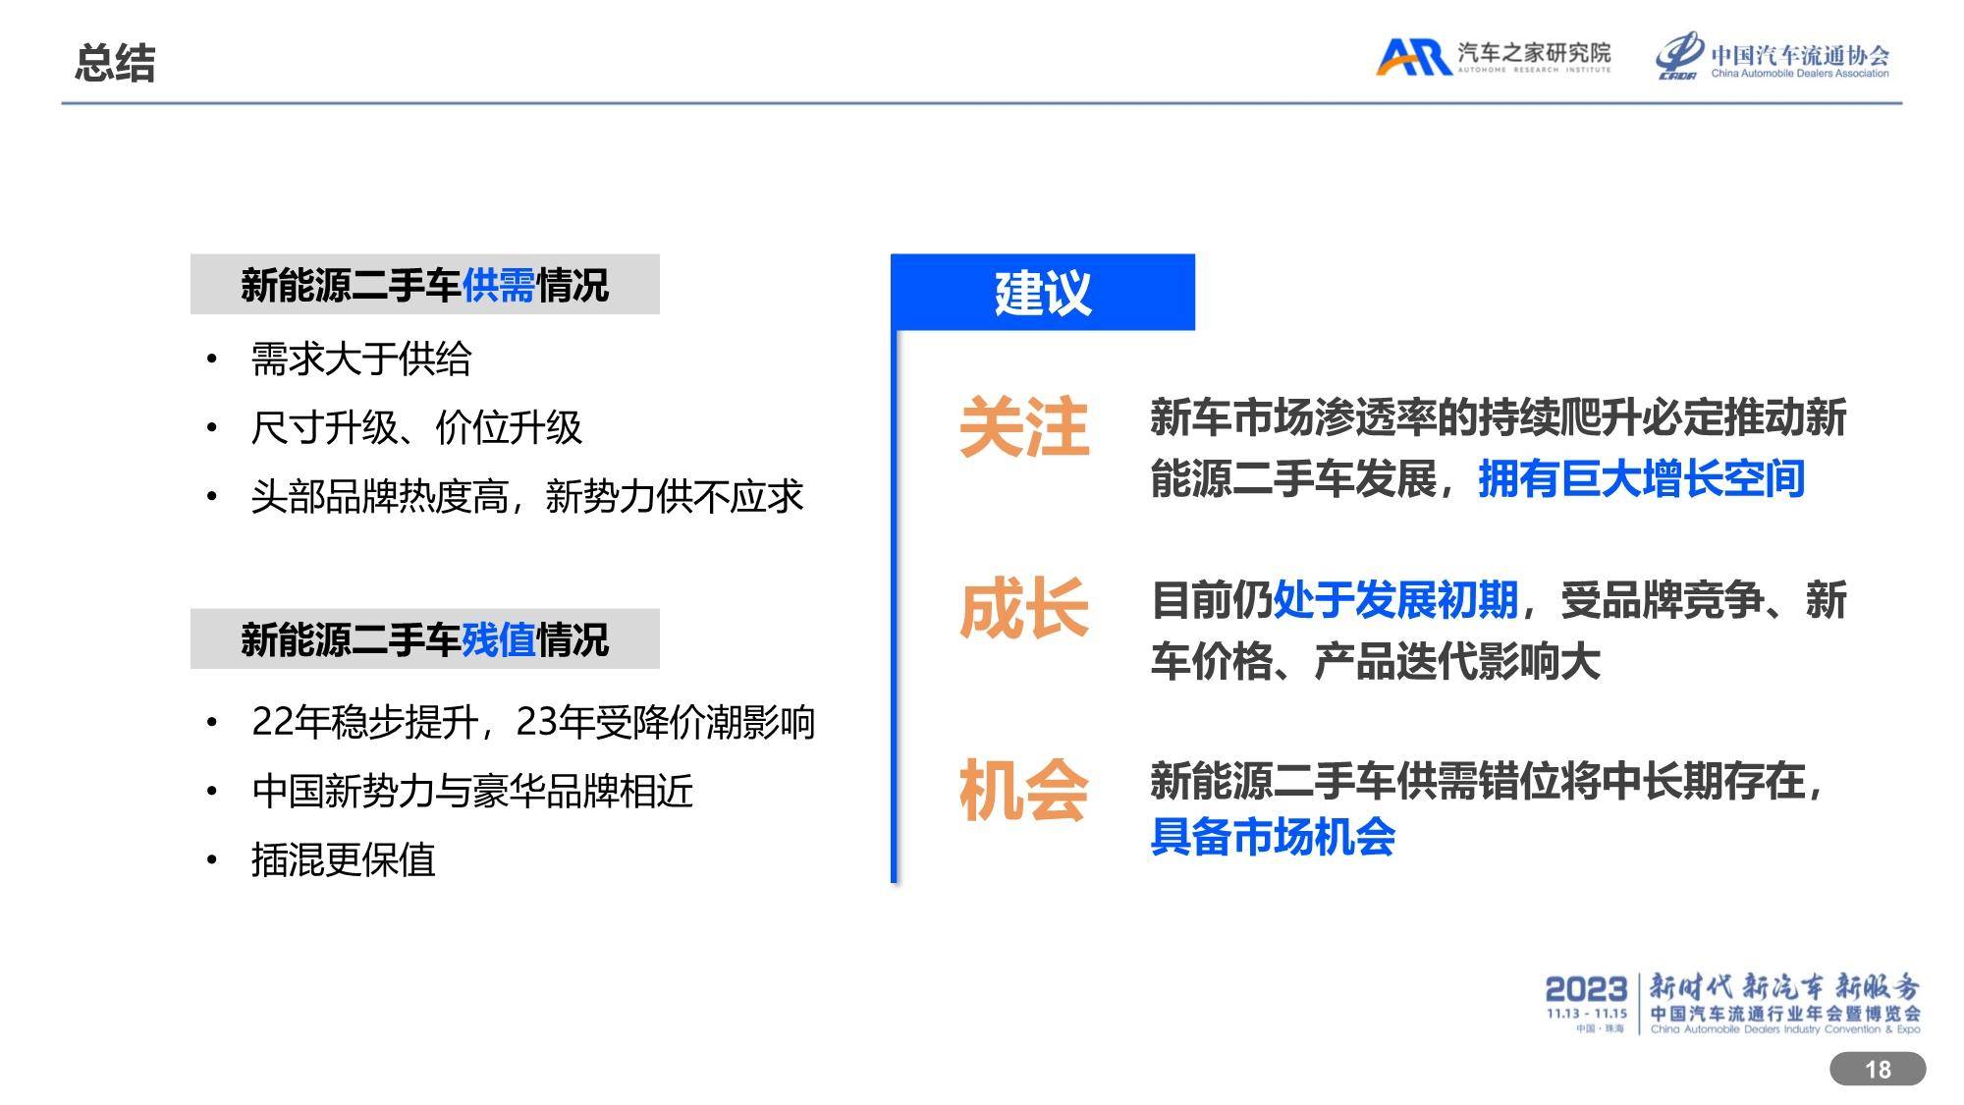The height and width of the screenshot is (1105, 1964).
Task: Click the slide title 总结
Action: click(115, 63)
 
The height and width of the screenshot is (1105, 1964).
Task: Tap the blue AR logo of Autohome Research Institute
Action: click(1413, 57)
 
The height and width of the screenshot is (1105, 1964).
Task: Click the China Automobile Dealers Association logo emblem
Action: click(1680, 55)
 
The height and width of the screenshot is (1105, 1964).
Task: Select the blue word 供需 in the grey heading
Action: click(499, 286)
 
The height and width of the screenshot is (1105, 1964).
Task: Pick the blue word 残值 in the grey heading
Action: click(499, 639)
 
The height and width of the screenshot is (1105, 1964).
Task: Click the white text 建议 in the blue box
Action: click(1043, 293)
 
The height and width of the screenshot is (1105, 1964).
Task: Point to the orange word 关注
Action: click(1024, 427)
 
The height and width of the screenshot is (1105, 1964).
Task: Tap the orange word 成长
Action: click(1024, 609)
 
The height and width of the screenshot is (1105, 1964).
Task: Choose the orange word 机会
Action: click(1024, 791)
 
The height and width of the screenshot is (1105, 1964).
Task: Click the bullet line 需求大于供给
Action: click(361, 359)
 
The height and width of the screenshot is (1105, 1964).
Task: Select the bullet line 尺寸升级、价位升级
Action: click(416, 427)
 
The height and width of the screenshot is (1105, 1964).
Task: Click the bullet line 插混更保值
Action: click(343, 859)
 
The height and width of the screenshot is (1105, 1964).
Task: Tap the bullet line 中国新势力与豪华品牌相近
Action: click(472, 791)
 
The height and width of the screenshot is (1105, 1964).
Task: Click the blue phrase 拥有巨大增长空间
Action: click(1642, 479)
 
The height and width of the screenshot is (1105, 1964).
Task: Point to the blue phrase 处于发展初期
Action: click(1395, 600)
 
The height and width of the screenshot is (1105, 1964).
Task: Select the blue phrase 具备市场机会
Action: click(1273, 837)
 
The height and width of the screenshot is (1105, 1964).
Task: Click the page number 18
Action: click(1878, 1070)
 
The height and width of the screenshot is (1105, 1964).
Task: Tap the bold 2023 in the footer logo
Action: click(1586, 989)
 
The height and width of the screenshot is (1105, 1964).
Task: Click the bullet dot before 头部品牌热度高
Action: click(211, 497)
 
